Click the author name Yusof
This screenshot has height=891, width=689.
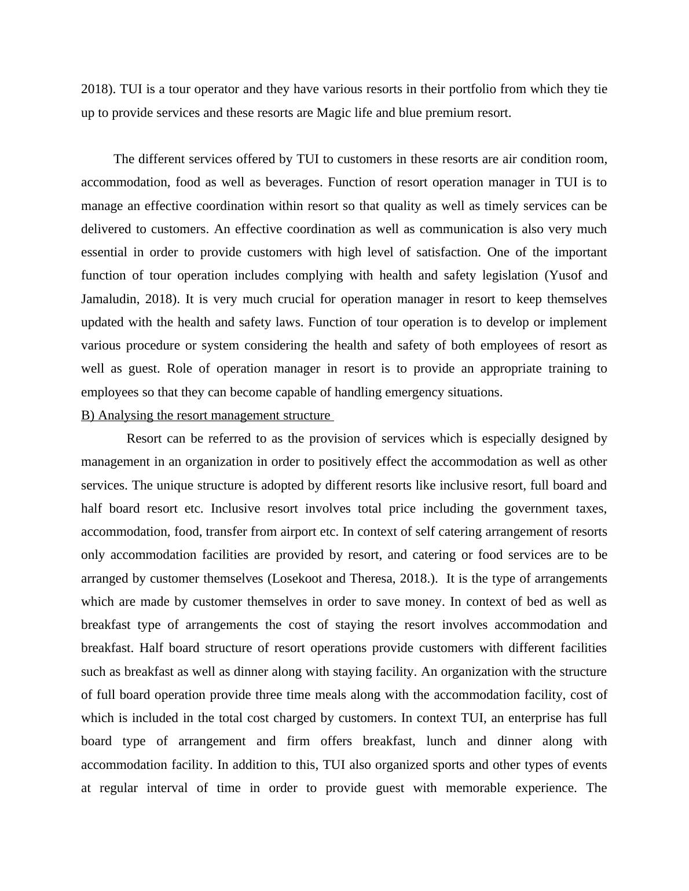pos(569,276)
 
